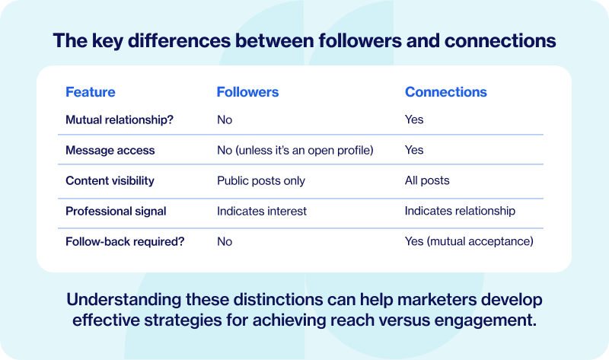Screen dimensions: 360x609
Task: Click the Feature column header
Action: click(x=90, y=92)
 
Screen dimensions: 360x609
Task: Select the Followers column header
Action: click(x=247, y=92)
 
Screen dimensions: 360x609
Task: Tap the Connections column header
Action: click(x=445, y=92)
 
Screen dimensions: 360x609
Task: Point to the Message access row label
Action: click(x=110, y=150)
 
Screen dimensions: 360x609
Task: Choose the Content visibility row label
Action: click(x=110, y=180)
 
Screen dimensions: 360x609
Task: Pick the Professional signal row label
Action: click(x=116, y=211)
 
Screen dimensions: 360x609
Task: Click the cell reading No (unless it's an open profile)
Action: click(x=295, y=150)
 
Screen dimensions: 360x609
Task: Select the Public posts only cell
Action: click(x=260, y=180)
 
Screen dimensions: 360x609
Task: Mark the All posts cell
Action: click(x=427, y=180)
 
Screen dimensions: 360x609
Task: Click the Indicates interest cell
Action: click(x=261, y=211)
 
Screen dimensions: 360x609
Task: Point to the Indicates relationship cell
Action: click(x=460, y=211)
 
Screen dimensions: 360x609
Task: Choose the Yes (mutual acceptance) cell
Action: click(x=469, y=241)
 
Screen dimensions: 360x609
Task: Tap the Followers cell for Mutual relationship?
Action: click(x=225, y=119)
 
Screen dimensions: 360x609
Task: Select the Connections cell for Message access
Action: click(x=414, y=150)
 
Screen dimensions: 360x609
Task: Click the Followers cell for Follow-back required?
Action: click(x=225, y=241)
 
